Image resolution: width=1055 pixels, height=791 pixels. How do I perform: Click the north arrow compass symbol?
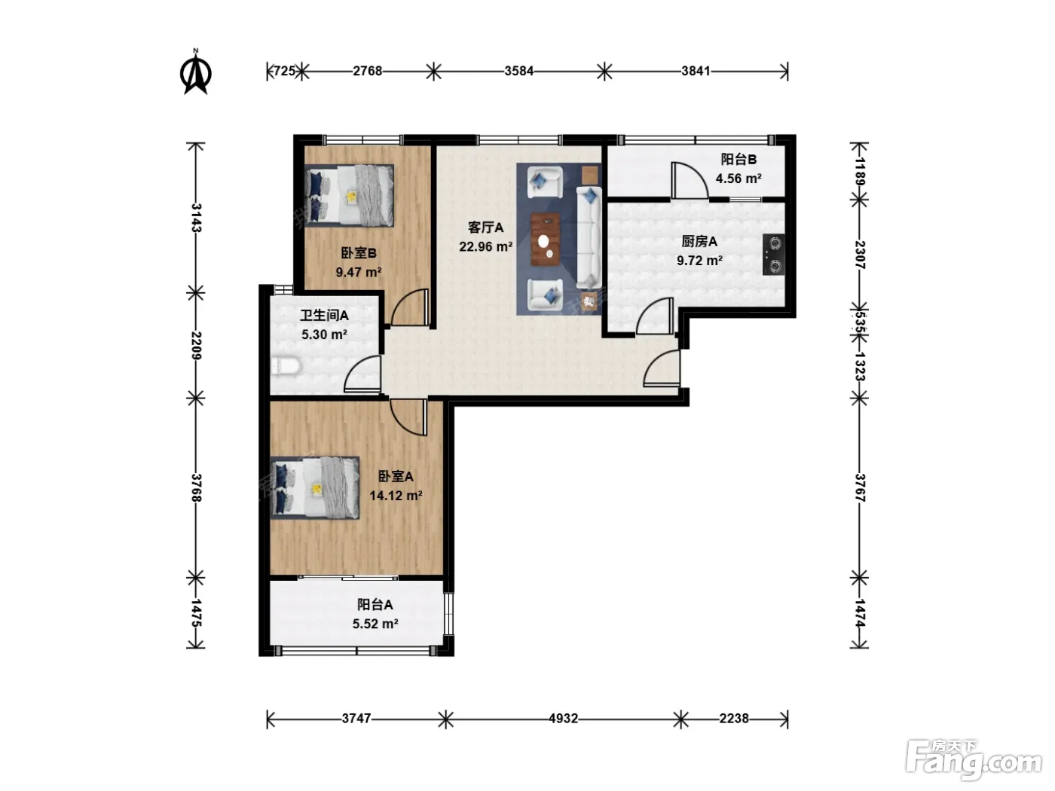pos(196,72)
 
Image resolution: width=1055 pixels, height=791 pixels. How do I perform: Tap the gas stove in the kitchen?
pos(773,254)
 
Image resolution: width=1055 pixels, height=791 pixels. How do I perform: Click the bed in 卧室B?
pos(349,195)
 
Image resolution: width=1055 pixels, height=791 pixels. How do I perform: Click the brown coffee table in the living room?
pos(545,239)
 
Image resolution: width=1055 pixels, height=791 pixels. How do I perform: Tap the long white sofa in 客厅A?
pos(589,238)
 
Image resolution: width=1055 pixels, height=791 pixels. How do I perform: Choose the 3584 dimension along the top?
pos(518,71)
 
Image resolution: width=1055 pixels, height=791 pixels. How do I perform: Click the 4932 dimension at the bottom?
pos(564,719)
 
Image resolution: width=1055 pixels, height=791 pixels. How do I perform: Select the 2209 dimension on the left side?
pos(196,345)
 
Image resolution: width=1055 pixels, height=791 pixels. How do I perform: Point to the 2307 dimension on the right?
pos(860,255)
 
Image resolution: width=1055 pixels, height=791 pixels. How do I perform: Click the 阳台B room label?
pos(738,159)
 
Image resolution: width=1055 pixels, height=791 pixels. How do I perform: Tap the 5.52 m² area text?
pos(375,624)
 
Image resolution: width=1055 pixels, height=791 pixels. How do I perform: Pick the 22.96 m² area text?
pos(485,247)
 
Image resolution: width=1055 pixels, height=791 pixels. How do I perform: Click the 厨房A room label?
pos(699,241)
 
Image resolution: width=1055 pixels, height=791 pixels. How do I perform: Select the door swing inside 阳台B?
pos(690,181)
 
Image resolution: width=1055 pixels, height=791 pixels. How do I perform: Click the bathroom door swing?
pos(363,374)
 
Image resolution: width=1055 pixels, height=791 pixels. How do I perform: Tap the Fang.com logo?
pos(974,761)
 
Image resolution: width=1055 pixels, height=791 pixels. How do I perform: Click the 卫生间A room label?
pos(325,316)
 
